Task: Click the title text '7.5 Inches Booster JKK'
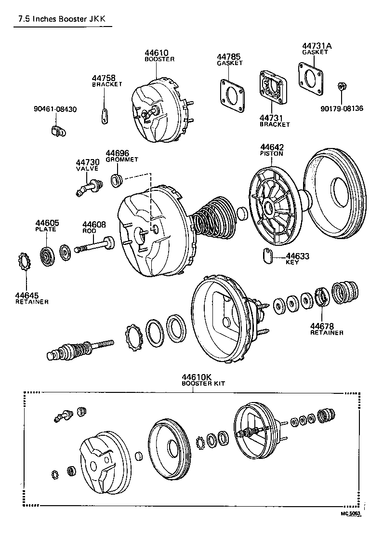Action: click(60, 20)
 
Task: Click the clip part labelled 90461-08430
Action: click(57, 130)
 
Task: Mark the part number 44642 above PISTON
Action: click(272, 147)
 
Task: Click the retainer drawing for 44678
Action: click(321, 296)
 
